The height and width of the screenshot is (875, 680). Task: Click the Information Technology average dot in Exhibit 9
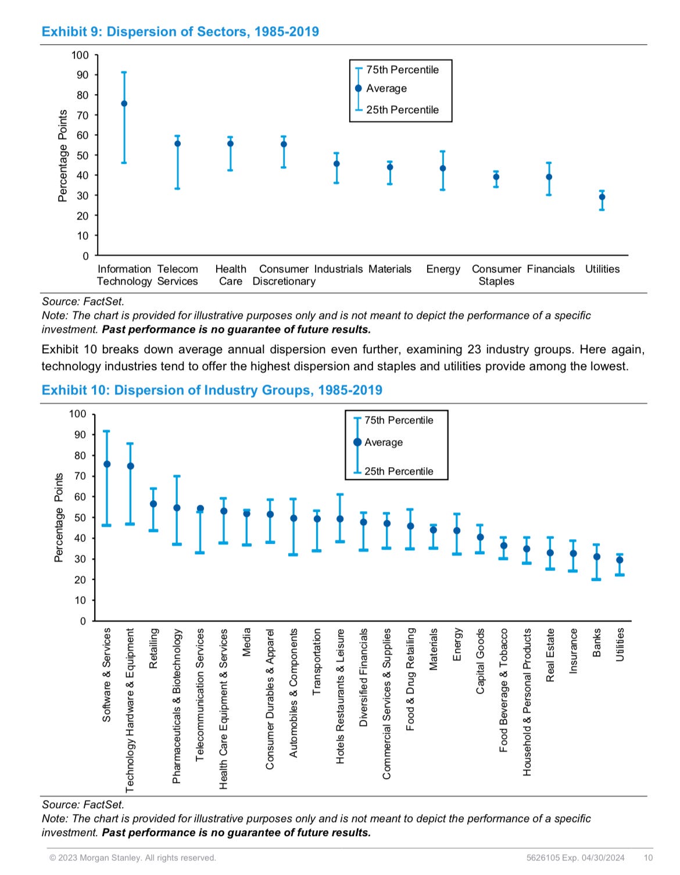(124, 103)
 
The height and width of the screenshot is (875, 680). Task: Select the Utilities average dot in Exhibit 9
(602, 197)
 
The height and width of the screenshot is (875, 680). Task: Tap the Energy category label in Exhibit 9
(443, 269)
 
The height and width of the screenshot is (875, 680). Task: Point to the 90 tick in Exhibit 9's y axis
(82, 75)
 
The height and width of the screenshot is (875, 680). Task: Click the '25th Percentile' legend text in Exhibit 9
(402, 110)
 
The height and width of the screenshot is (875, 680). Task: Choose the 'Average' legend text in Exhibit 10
(384, 442)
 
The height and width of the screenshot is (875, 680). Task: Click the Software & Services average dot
(107, 464)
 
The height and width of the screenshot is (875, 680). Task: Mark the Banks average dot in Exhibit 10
(596, 557)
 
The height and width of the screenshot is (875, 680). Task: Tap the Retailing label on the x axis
(153, 648)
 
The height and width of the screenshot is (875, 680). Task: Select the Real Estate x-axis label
(550, 655)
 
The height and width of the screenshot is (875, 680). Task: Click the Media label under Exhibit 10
(246, 642)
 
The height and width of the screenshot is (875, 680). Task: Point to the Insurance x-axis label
(574, 651)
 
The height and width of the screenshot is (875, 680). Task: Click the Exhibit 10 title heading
(212, 390)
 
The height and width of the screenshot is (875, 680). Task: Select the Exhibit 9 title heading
(180, 31)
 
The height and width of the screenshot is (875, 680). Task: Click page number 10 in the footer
(648, 858)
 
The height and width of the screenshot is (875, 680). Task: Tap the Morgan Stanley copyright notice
(133, 858)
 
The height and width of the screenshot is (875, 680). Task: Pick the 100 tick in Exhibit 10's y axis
(77, 414)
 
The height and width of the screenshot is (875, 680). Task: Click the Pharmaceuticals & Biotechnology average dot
(177, 508)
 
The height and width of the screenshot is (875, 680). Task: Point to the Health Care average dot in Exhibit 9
(230, 144)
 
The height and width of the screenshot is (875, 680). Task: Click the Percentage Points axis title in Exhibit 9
(63, 156)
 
